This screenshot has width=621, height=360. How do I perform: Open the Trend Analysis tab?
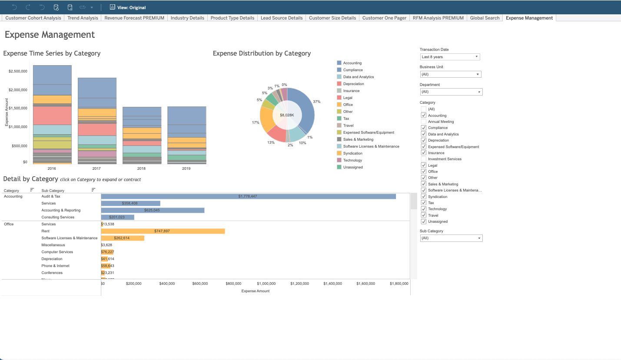pos(83,18)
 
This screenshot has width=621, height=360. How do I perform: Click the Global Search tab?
pos(485,18)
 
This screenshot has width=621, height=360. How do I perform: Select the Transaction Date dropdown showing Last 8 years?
pos(450,57)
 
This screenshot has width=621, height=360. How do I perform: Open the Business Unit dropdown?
pos(450,74)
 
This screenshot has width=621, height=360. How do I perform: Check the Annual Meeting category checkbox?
pos(423,122)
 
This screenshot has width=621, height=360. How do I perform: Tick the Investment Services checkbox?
pos(423,159)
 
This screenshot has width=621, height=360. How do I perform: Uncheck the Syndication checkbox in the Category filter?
pos(423,197)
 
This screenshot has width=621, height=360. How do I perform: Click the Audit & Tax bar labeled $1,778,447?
pos(248,196)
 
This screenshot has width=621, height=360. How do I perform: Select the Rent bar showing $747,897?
pos(163,231)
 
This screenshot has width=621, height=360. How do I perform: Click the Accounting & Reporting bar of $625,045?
pos(153,210)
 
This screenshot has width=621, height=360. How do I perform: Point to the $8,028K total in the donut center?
pos(287,115)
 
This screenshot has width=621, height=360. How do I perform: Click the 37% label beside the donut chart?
pos(316,102)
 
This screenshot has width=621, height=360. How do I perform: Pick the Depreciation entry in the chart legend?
pos(353,84)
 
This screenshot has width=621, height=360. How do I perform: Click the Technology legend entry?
pos(352,160)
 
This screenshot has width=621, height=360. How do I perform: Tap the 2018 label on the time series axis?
pos(142,168)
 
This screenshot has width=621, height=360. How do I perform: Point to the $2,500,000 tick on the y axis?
pos(18,71)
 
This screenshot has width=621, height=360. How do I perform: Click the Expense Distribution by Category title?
pos(262,53)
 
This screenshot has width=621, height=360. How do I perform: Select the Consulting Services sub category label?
pos(58,217)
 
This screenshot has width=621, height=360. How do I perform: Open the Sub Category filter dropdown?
pos(451,238)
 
